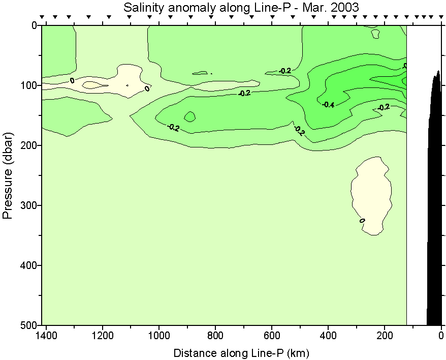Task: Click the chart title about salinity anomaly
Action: [x=241, y=8]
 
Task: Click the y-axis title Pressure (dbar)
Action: [x=8, y=174]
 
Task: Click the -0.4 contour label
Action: [x=328, y=105]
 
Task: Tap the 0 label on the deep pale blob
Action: [x=362, y=221]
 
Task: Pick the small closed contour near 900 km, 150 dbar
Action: [x=190, y=116]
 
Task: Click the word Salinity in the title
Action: [x=141, y=8]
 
